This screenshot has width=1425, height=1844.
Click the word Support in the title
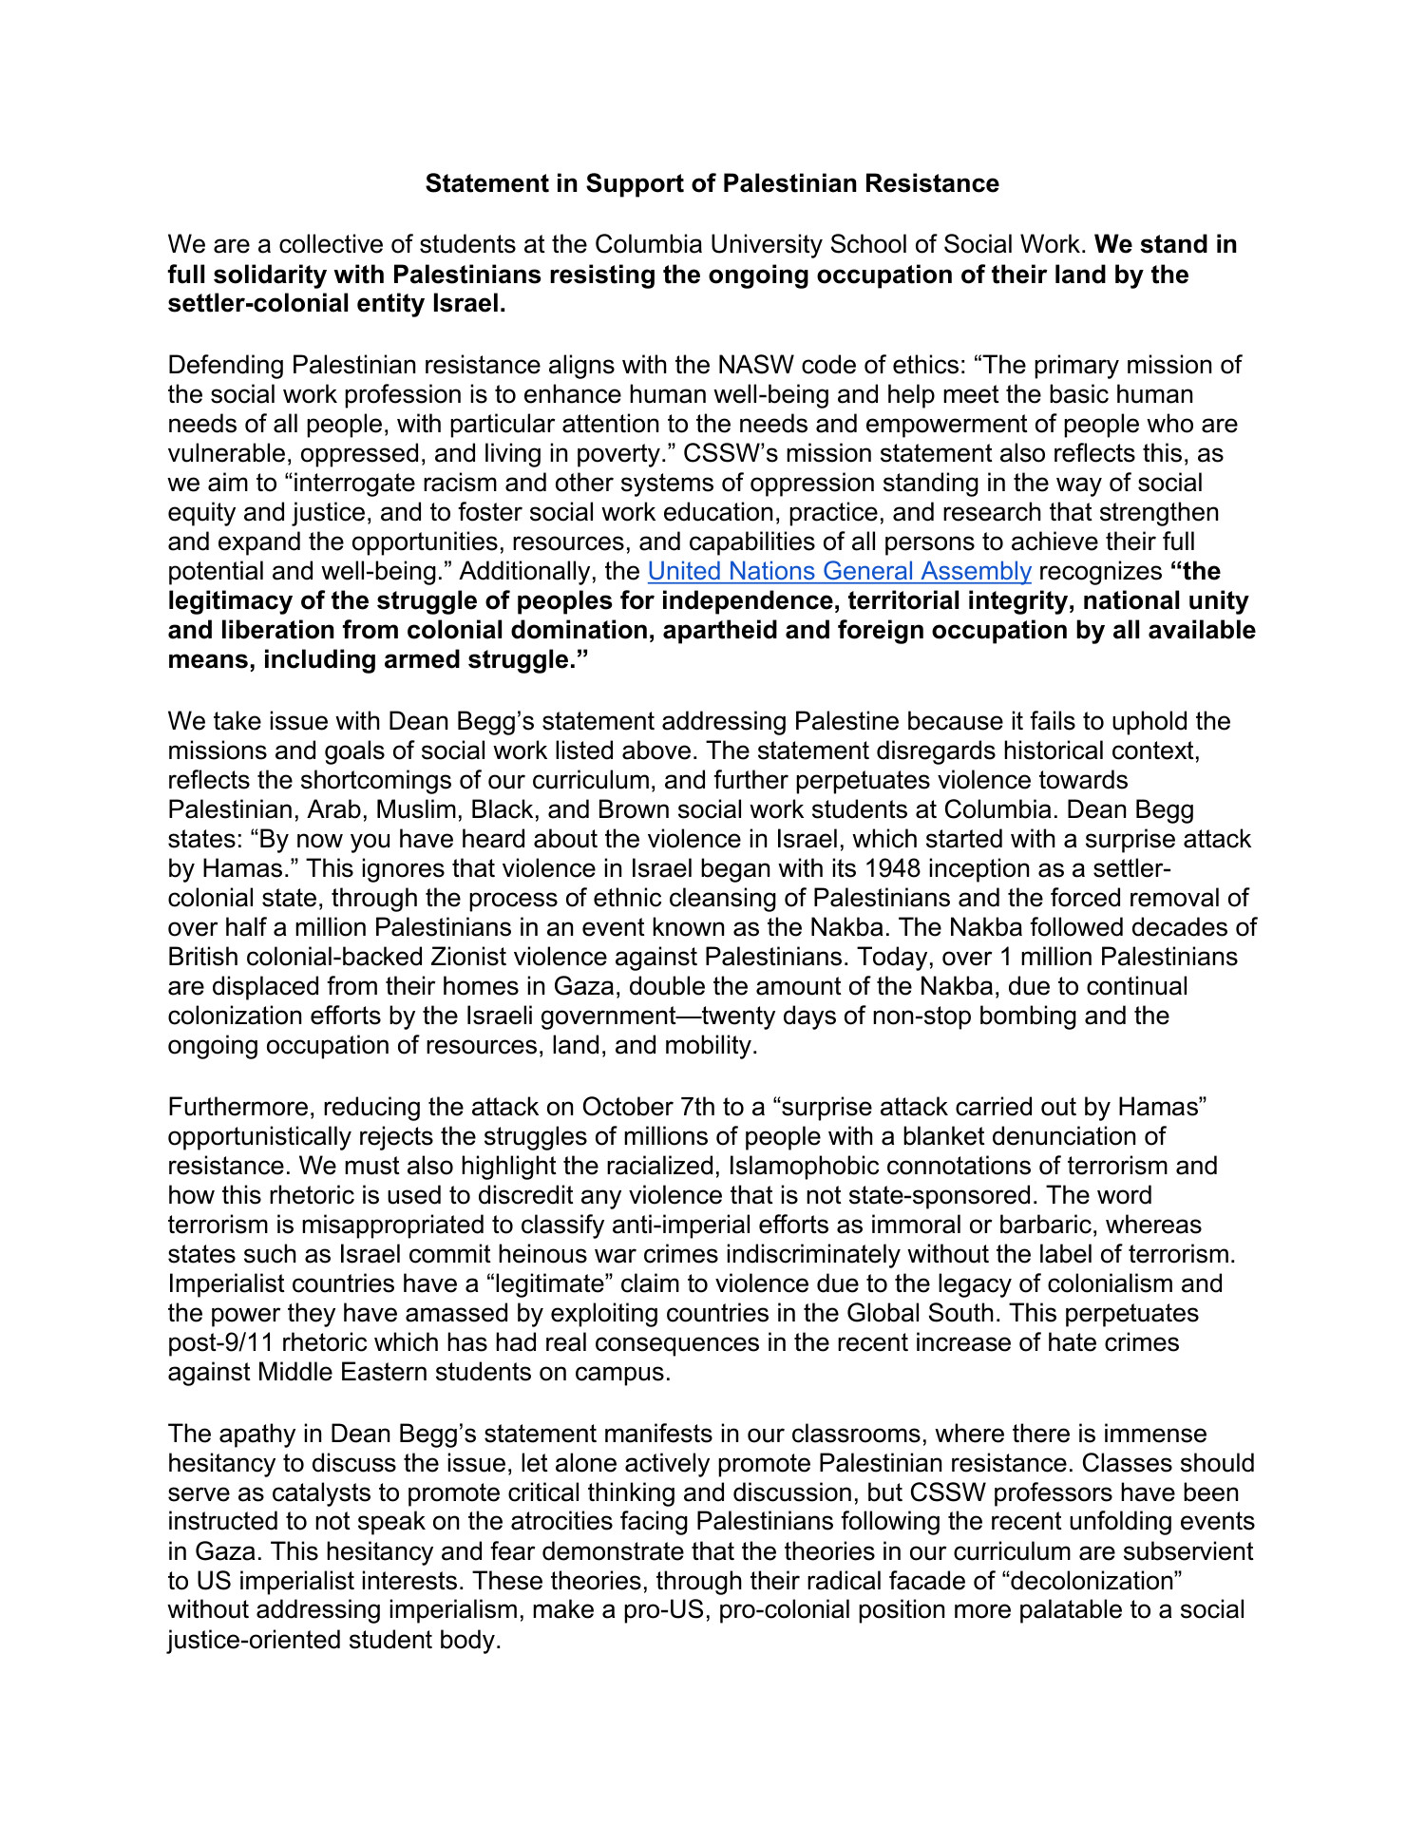click(628, 183)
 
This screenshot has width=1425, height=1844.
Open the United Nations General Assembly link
click(839, 571)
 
